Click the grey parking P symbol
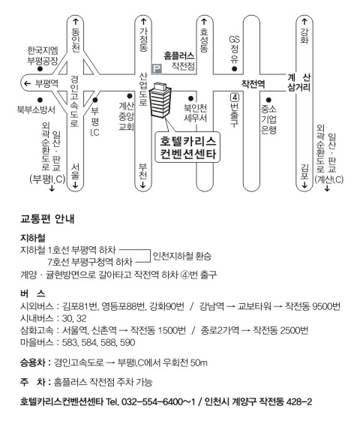157,69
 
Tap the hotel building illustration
160,101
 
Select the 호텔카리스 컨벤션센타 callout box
187,147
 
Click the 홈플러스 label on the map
179,56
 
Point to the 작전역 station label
253,84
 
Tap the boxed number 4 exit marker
235,98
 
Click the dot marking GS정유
235,69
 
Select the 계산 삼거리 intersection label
299,83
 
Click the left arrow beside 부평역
27,84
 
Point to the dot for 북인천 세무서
190,99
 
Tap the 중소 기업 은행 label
268,119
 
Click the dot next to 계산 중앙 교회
130,96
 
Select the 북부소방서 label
36,110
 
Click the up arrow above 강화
304,22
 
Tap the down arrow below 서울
76,185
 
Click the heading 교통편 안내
47,219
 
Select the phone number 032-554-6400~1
158,401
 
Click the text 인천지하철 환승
182,256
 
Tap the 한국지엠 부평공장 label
43,56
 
